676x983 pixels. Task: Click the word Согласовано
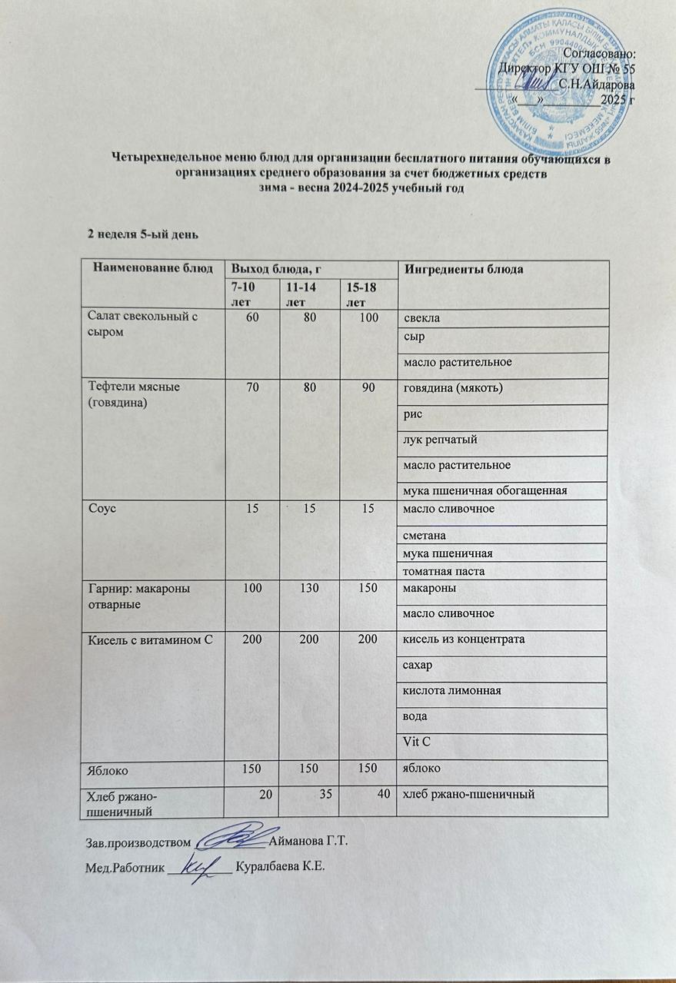pyautogui.click(x=599, y=54)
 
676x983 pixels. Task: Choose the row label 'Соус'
pyautogui.click(x=102, y=510)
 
